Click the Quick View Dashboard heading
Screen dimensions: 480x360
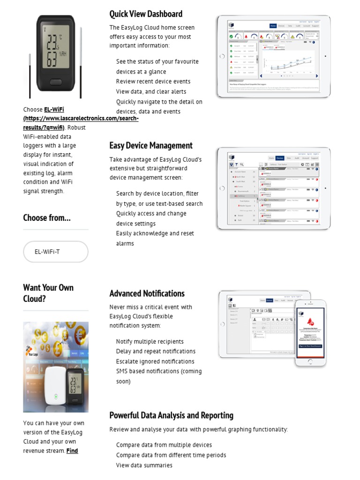[x=146, y=14]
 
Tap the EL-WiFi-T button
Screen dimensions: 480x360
[x=55, y=252]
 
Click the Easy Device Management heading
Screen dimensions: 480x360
[x=151, y=145]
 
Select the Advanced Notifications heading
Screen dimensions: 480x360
[x=147, y=293]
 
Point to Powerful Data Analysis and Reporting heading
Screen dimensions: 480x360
[x=171, y=415]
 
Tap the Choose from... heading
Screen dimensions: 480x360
[x=47, y=217]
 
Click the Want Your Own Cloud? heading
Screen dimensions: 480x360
[x=48, y=293]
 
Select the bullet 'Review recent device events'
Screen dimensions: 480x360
[x=153, y=82]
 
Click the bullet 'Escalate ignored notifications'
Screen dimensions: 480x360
[x=155, y=361]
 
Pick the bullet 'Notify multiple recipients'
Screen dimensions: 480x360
[x=150, y=342]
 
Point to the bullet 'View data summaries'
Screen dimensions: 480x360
[x=144, y=465]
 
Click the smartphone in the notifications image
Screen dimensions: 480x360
[x=310, y=333]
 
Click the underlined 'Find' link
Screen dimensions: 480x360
[x=72, y=451]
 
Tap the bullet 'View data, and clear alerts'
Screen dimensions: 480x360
[x=151, y=92]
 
